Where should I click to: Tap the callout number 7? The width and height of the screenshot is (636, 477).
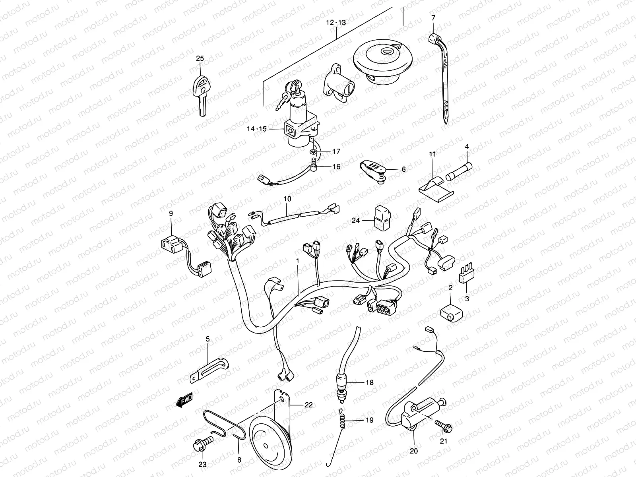433,17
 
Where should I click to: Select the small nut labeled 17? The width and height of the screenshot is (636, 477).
314,152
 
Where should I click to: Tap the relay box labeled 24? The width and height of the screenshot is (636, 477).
381,218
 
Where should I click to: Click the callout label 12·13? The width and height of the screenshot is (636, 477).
336,23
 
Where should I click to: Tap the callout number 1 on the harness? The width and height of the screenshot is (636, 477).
297,260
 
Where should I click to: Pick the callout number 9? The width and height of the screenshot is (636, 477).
171,214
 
